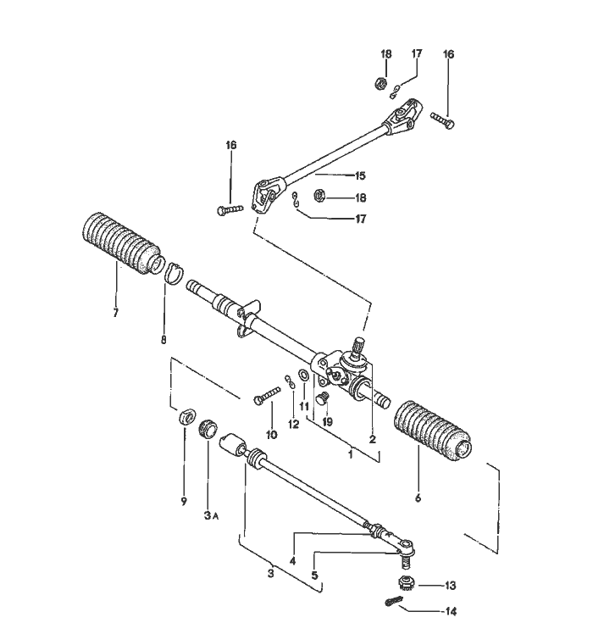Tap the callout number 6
(x=417, y=498)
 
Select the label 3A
(x=208, y=514)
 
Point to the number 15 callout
(x=359, y=176)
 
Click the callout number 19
(x=328, y=420)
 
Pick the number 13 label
(x=450, y=585)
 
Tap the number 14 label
(x=450, y=609)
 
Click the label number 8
(x=163, y=341)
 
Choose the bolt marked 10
(x=267, y=393)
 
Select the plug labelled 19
(x=321, y=397)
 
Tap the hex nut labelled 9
(x=186, y=419)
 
